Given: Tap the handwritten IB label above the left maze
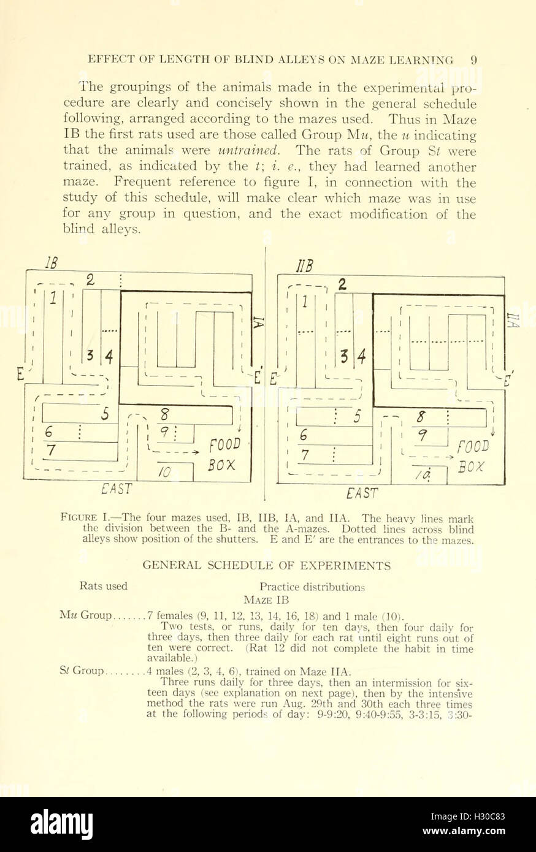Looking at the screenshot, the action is pyautogui.click(x=52, y=263).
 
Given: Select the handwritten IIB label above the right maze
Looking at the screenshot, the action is pyautogui.click(x=305, y=267).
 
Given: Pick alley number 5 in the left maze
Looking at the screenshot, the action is pyautogui.click(x=105, y=414).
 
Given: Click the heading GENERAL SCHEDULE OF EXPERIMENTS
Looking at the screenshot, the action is pyautogui.click(x=267, y=565).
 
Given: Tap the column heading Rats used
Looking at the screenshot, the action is pyautogui.click(x=103, y=586).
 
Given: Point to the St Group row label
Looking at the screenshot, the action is pyautogui.click(x=90, y=670).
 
